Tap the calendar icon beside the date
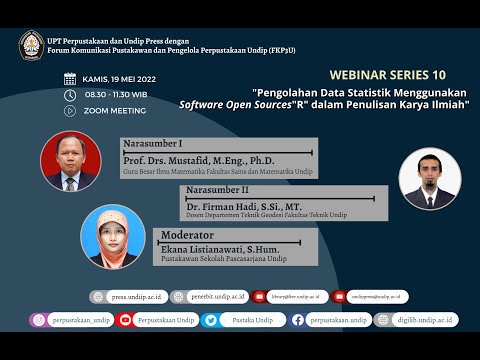click(69, 78)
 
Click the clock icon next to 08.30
click(69, 95)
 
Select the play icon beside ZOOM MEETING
click(69, 111)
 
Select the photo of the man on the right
click(430, 177)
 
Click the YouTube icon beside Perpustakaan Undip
click(126, 320)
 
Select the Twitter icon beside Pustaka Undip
click(211, 320)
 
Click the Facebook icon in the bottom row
click(296, 320)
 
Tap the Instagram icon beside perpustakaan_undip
click(38, 320)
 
